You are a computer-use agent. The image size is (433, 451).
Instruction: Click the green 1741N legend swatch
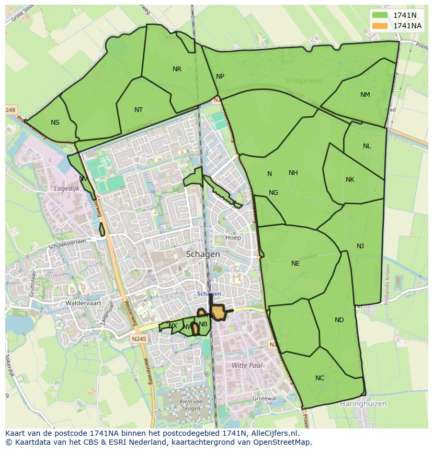point(380,15)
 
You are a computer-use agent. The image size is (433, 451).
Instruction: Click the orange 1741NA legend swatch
point(380,26)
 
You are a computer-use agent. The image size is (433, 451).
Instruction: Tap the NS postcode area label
point(55,123)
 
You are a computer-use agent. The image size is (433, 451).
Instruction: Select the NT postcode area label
point(139,110)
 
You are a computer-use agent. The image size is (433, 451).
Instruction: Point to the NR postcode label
point(177,69)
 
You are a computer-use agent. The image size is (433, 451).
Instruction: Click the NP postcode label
point(220,76)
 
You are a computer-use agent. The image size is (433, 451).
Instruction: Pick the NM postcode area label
point(365,95)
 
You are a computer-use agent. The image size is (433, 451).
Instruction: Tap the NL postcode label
point(367,146)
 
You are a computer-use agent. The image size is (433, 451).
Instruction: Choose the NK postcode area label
point(350,180)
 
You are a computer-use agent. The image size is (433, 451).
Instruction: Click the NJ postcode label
point(360,246)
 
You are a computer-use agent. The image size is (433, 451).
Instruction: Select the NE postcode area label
point(295,263)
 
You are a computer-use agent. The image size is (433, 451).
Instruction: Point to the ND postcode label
point(339,320)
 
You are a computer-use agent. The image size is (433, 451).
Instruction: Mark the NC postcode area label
point(320,378)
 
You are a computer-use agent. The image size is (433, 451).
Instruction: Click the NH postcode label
point(293,173)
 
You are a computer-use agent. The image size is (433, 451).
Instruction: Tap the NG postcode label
point(274,193)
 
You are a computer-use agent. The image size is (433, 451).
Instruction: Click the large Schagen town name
point(203,254)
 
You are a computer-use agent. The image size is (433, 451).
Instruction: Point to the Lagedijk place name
point(66,188)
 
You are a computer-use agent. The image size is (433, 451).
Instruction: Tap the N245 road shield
point(140,339)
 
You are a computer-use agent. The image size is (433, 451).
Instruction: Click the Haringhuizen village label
point(362,404)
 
